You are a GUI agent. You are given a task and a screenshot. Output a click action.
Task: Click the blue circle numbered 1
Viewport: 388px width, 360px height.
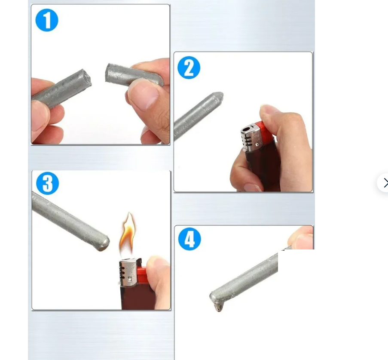pyautogui.click(x=47, y=20)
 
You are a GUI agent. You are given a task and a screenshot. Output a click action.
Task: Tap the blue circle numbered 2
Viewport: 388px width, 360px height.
pyautogui.click(x=189, y=68)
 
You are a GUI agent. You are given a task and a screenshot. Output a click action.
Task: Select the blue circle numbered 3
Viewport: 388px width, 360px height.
pyautogui.click(x=48, y=183)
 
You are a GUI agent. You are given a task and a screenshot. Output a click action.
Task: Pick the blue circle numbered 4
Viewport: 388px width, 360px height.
pyautogui.click(x=189, y=239)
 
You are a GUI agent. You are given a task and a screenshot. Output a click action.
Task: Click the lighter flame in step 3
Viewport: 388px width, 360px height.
pyautogui.click(x=128, y=234)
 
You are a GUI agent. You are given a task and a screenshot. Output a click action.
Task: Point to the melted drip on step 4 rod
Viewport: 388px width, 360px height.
pyautogui.click(x=219, y=307)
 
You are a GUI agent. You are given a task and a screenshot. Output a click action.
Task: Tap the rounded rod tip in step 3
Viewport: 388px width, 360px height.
pyautogui.click(x=104, y=243)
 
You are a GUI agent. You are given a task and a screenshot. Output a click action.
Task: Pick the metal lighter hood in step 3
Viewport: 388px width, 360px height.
pyautogui.click(x=128, y=271)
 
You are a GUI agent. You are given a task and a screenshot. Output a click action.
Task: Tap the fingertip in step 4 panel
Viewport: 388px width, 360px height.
pyautogui.click(x=301, y=237)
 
